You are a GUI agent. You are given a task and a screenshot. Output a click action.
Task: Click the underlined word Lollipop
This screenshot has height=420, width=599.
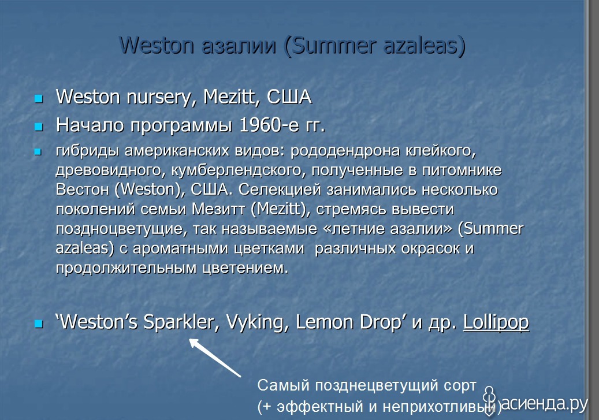pos(496,322)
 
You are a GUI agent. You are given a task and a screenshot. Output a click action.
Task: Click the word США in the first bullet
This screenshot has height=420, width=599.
pos(289,96)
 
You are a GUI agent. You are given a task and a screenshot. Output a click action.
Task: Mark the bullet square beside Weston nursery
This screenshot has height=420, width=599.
pos(39,99)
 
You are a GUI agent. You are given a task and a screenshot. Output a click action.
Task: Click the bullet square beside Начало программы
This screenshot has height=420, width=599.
pos(39,127)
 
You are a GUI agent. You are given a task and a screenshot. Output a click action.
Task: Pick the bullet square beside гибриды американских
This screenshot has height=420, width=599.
pos(38,152)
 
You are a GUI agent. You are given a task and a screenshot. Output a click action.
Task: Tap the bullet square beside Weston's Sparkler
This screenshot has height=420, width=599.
pos(39,324)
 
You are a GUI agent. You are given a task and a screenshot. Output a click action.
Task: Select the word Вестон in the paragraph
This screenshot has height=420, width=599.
pos(83,189)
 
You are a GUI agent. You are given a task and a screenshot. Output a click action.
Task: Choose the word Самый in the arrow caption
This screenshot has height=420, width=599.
pos(283,385)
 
